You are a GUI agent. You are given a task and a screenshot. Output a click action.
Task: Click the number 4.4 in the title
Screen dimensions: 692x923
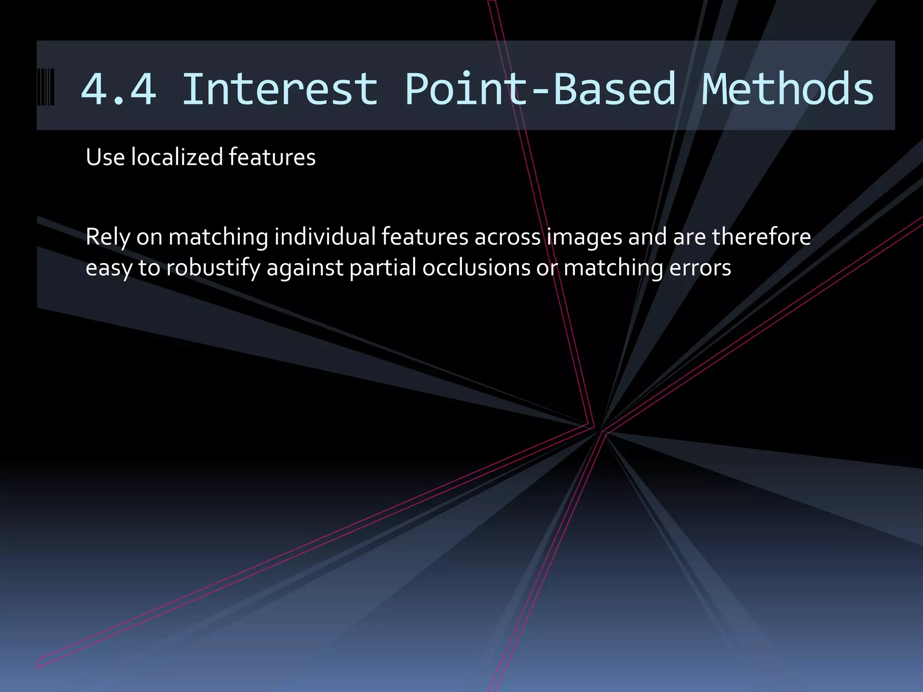(119, 89)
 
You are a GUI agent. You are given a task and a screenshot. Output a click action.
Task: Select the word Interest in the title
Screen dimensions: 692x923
(279, 89)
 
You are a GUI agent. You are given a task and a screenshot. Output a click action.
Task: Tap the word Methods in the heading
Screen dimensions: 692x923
(787, 89)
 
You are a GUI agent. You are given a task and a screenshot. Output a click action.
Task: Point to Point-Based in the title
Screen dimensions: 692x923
(540, 89)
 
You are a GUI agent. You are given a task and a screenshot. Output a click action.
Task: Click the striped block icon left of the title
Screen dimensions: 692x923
(46, 87)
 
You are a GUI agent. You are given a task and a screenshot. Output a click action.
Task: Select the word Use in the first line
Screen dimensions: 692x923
(105, 157)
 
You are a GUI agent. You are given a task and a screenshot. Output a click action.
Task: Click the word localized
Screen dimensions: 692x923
(177, 157)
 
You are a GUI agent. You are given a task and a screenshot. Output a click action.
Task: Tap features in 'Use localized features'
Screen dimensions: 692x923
(272, 157)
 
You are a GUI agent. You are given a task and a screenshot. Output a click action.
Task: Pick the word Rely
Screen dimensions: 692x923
(108, 237)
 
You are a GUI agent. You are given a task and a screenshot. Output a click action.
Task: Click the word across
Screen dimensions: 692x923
(507, 237)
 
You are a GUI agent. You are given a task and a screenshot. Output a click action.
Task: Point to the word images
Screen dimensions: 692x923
(585, 237)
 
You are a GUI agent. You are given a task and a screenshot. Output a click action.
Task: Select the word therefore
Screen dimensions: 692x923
(761, 237)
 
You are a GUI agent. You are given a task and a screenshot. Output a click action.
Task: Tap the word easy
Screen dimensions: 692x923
(109, 269)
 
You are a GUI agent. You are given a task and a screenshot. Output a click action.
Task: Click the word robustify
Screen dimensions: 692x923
(213, 269)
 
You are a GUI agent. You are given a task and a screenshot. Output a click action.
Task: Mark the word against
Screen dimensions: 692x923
(305, 269)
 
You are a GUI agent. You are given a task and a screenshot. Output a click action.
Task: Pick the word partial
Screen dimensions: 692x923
(383, 269)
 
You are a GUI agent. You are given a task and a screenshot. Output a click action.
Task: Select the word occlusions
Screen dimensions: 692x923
(476, 268)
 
